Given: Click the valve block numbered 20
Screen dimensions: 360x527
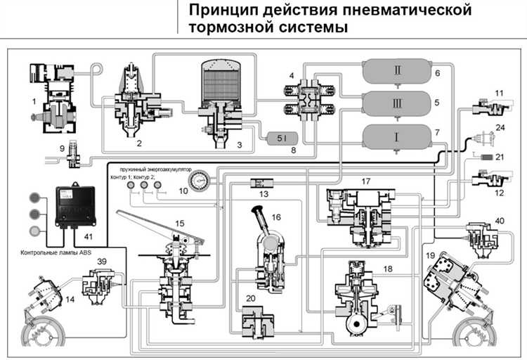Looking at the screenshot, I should [x=254, y=323].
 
